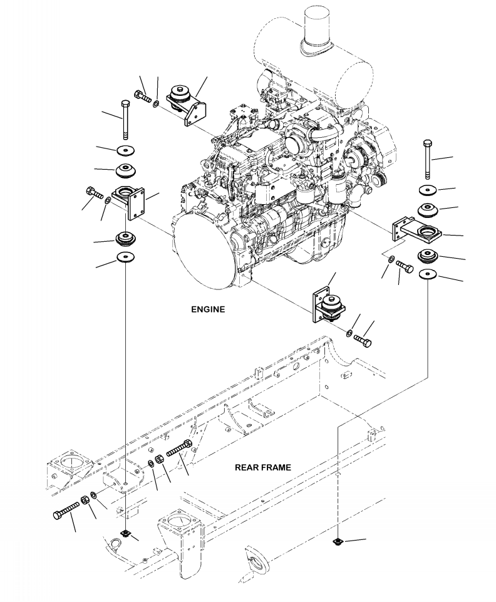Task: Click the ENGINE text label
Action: tap(209, 309)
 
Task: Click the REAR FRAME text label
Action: tap(262, 467)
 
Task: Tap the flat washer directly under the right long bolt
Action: tap(428, 190)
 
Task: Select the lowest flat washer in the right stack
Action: tap(428, 274)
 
